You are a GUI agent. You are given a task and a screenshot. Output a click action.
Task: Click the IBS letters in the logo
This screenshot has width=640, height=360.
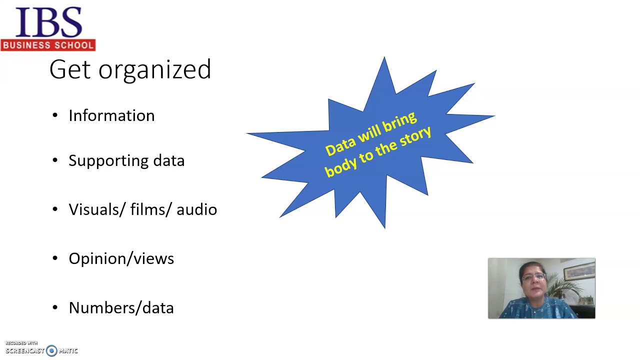[x=48, y=22]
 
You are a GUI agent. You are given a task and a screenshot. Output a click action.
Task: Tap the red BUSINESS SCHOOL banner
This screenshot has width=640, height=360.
[x=48, y=45]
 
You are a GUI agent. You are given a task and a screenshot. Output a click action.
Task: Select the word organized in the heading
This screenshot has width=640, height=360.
[x=154, y=70]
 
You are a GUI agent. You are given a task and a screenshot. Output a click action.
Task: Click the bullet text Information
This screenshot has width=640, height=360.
[x=111, y=115]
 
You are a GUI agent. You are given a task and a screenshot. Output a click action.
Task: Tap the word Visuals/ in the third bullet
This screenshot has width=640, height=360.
[x=97, y=209]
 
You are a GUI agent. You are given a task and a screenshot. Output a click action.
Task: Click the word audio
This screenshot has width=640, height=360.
[x=196, y=210]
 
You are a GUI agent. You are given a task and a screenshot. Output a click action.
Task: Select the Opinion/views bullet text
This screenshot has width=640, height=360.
[x=121, y=258]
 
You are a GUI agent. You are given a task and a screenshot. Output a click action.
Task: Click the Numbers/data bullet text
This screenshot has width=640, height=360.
[x=121, y=307]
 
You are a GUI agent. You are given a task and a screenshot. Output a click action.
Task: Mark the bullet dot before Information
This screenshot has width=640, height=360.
[x=55, y=116]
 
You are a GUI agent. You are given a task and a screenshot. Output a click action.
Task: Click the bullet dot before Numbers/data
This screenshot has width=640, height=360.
[x=55, y=308]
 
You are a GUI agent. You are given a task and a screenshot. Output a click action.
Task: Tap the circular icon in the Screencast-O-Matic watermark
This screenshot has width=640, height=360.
[x=51, y=351]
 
